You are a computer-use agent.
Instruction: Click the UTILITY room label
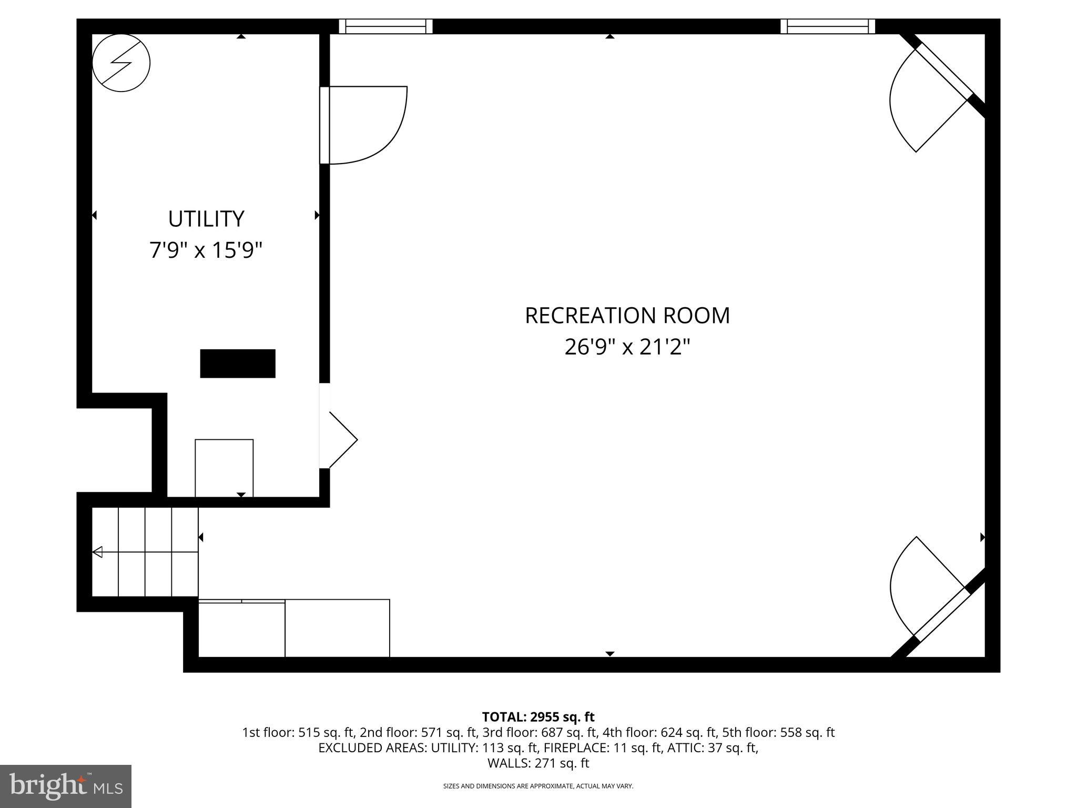click(x=206, y=219)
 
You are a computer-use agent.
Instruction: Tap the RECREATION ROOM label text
click(x=627, y=316)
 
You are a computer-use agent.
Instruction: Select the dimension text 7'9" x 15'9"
click(x=206, y=250)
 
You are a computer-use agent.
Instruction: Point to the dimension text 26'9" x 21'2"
click(x=627, y=347)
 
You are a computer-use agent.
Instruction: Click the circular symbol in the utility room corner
click(x=121, y=63)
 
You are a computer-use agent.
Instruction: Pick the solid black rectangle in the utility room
click(x=238, y=363)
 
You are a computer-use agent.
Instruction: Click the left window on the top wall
click(x=385, y=26)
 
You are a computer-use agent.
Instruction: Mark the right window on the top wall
click(x=827, y=26)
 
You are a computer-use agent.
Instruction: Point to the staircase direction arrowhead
click(x=97, y=552)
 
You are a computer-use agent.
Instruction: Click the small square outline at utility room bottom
click(x=224, y=468)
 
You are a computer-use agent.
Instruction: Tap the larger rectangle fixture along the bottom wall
click(x=337, y=628)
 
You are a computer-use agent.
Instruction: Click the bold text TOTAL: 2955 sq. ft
click(x=538, y=716)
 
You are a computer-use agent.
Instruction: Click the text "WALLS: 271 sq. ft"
click(x=538, y=763)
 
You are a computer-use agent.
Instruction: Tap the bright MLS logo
click(x=66, y=786)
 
